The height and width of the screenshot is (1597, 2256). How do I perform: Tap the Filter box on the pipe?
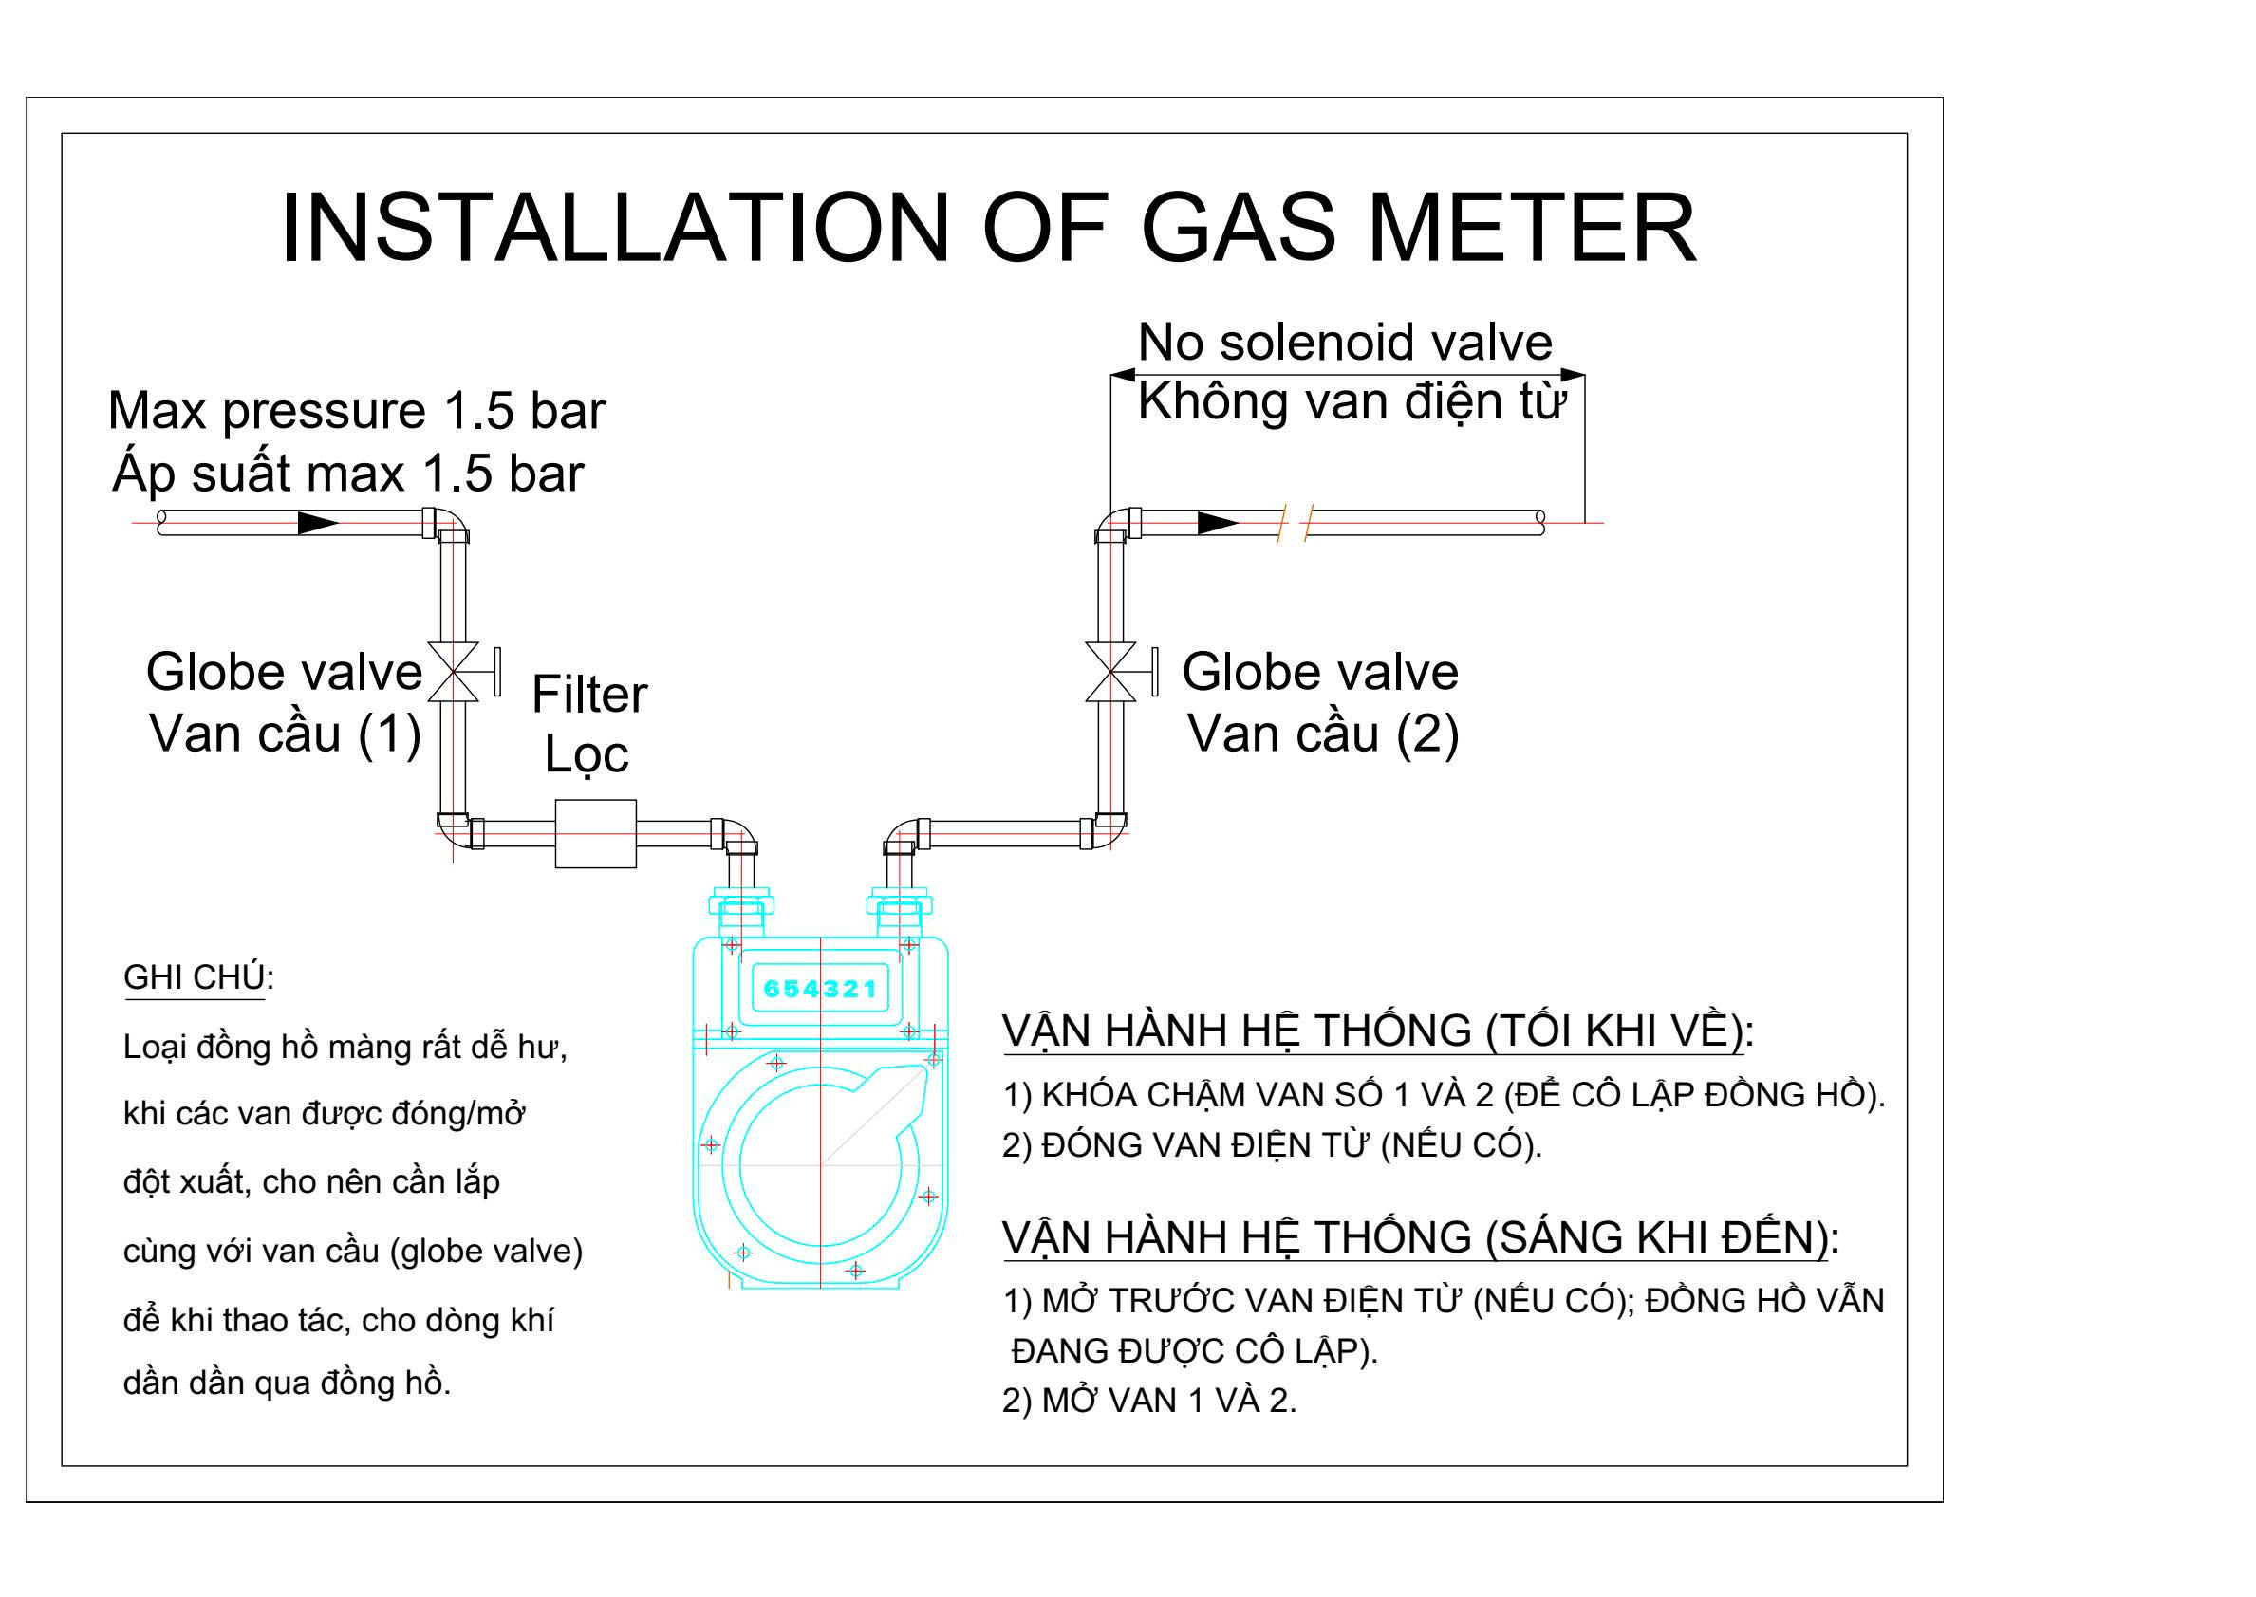click(x=595, y=834)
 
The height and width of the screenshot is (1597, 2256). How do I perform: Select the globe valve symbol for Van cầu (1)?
click(x=462, y=672)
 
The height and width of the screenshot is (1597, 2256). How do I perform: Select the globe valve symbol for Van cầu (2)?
click(x=1119, y=672)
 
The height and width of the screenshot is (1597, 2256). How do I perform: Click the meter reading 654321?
click(x=819, y=990)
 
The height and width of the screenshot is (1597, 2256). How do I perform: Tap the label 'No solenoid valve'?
click(x=1344, y=344)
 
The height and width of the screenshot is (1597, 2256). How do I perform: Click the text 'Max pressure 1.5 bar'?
click(x=356, y=411)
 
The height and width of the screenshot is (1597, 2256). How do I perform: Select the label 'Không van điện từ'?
click(x=1351, y=402)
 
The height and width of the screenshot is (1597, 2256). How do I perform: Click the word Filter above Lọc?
click(x=589, y=696)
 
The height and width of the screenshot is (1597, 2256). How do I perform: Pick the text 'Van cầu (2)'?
click(x=1323, y=734)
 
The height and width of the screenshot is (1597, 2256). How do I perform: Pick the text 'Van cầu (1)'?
click(x=285, y=734)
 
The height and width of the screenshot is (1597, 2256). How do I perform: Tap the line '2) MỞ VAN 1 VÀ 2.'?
click(x=1149, y=1401)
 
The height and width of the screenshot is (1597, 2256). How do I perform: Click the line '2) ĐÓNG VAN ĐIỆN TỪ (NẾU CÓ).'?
click(x=1273, y=1144)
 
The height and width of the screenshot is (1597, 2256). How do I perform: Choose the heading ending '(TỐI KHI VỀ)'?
click(x=1378, y=1031)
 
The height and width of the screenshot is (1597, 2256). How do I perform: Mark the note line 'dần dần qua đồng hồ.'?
click(x=288, y=1383)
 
